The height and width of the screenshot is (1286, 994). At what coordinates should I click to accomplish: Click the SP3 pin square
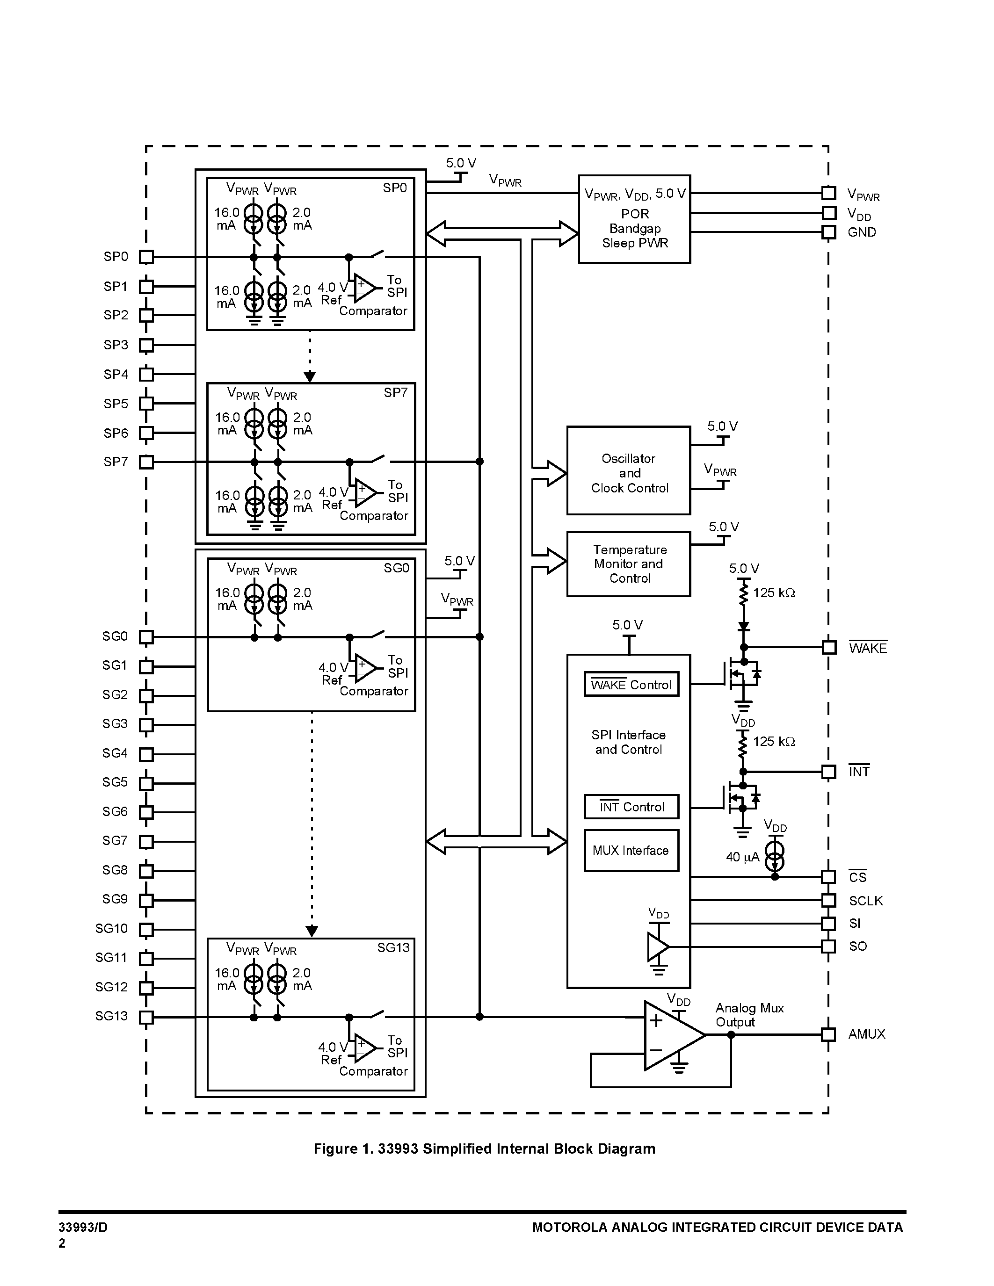146,345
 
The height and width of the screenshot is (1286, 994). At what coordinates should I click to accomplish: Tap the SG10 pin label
111,929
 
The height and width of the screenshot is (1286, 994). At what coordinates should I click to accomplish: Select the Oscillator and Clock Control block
628,470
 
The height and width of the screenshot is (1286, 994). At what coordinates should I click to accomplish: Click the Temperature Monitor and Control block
628,564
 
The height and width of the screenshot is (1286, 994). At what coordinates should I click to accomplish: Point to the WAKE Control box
631,684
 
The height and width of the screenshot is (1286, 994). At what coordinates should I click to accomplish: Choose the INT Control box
631,807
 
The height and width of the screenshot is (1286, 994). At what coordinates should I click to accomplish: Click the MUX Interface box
631,850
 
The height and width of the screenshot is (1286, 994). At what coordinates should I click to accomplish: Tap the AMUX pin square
828,1034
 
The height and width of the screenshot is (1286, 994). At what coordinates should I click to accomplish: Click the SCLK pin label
866,901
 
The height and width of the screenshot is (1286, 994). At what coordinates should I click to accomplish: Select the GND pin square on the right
828,232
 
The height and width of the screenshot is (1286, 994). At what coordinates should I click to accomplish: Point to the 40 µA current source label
742,857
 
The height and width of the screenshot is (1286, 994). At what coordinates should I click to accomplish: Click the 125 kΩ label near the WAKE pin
774,593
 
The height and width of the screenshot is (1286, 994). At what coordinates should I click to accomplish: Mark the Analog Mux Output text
749,1015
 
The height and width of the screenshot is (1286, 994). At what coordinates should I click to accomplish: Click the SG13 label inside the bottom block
393,947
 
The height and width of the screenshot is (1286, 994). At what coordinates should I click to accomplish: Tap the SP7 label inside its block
395,393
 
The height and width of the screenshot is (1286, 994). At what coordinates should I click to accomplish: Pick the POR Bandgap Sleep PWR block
634,219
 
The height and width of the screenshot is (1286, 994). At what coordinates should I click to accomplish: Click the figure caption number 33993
398,1149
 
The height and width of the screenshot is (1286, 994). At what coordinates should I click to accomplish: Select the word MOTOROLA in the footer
569,1227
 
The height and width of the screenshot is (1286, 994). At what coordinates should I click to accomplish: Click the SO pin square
828,946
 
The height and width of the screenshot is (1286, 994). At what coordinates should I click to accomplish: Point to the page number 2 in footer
62,1243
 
